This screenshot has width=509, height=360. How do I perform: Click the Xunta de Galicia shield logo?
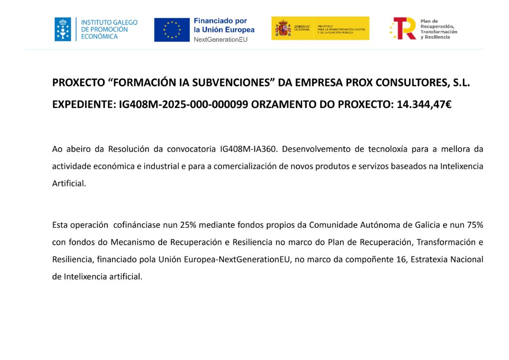tap(63, 29)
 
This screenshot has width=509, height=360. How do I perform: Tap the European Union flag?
tap(172, 30)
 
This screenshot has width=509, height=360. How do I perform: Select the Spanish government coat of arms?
tap(283, 28)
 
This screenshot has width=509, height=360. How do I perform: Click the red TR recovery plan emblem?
tap(403, 28)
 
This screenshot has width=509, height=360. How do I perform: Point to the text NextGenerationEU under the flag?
tap(220, 39)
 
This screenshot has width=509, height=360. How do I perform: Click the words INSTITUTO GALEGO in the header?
tap(109, 22)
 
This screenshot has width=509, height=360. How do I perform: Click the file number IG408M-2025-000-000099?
tap(183, 104)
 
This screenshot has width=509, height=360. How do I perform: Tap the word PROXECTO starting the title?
tap(78, 83)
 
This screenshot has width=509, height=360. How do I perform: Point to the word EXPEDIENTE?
tap(83, 104)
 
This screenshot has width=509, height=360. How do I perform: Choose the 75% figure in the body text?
tap(474, 225)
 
